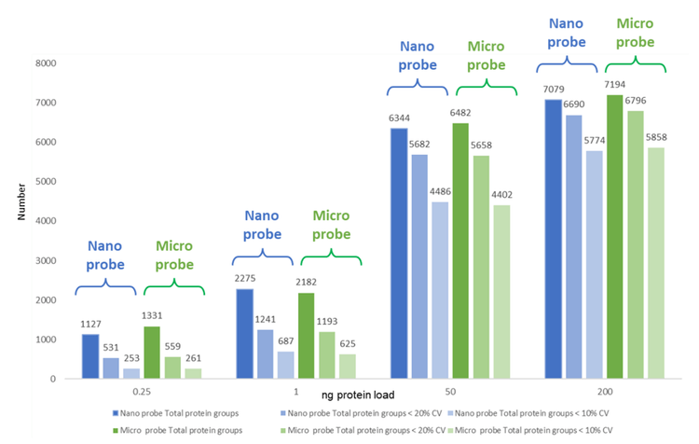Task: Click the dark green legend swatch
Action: click(x=116, y=429)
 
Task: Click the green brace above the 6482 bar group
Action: click(x=485, y=89)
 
